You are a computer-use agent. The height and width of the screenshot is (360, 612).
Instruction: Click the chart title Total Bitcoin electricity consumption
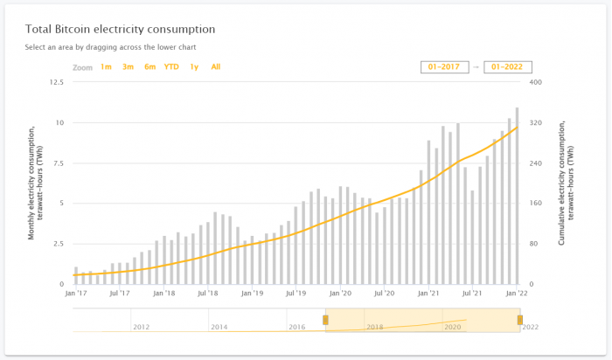[x=121, y=30]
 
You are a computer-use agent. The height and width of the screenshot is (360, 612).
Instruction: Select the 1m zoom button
[x=106, y=66]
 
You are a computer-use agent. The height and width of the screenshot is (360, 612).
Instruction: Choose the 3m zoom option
[x=128, y=66]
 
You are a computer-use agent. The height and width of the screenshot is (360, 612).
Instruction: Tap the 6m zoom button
[x=150, y=66]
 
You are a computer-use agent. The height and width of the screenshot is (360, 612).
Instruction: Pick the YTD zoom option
[x=171, y=66]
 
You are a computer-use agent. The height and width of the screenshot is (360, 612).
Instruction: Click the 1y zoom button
[x=194, y=66]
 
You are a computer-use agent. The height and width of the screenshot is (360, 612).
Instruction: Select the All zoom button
[x=216, y=66]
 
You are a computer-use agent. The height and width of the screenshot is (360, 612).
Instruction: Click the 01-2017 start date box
[x=444, y=66]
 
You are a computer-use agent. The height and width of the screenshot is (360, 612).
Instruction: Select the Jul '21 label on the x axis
[x=473, y=294]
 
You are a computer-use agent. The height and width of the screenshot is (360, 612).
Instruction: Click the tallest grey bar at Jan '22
[x=518, y=196]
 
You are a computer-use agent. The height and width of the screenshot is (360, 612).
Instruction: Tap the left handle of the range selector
[x=325, y=320]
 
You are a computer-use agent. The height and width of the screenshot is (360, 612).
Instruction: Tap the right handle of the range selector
[x=519, y=320]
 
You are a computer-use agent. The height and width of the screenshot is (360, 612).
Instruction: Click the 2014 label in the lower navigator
[x=219, y=327]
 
